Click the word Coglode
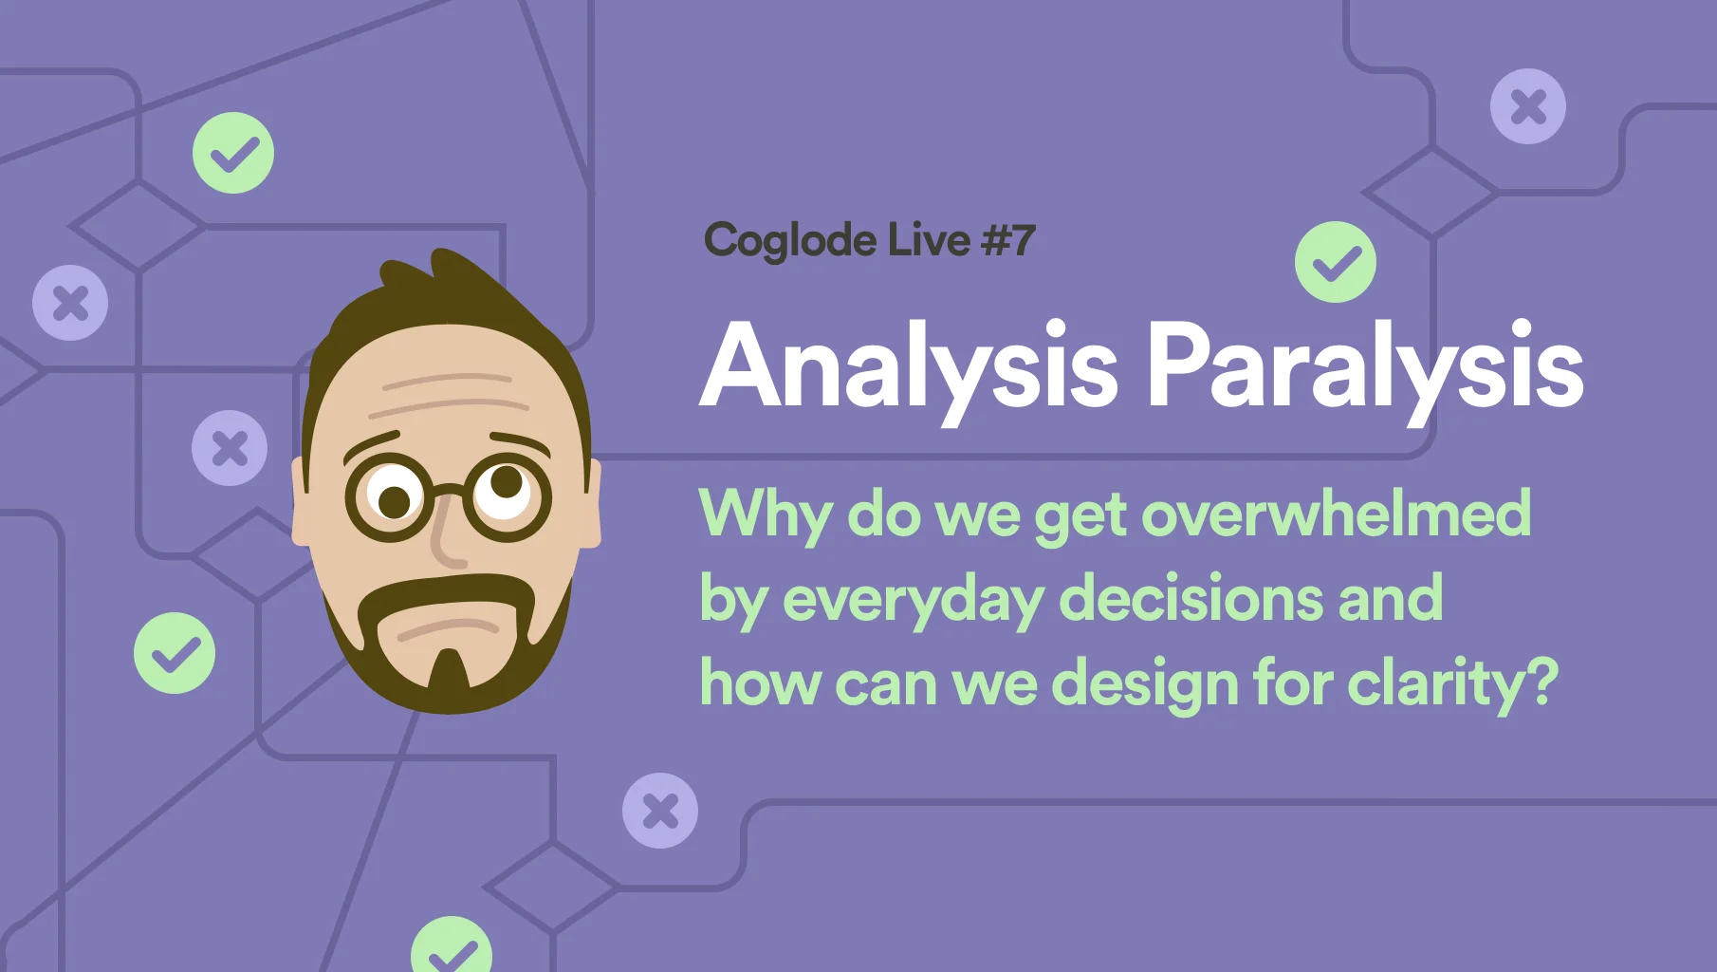(790, 241)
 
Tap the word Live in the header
(930, 239)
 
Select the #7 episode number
(1008, 240)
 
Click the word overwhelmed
(1336, 514)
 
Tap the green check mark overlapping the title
(1336, 262)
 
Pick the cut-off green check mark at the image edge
(452, 945)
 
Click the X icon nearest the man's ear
(230, 448)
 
